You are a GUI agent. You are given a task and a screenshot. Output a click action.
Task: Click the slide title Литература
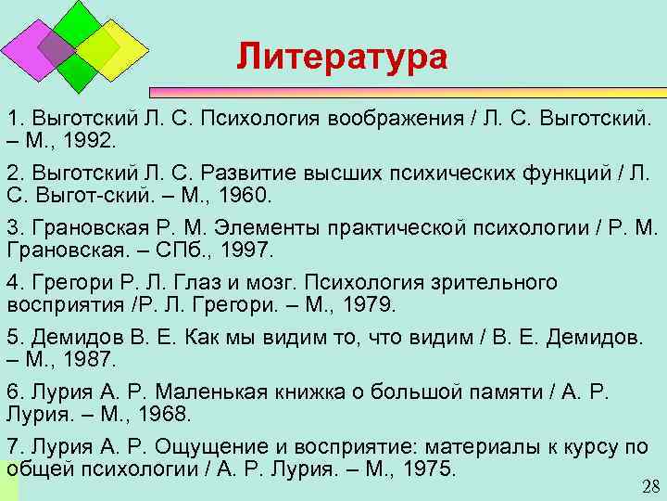[x=341, y=57]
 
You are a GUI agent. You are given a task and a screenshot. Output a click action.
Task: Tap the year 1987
[x=90, y=358]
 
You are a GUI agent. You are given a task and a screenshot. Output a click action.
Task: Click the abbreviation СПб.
[x=191, y=250]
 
